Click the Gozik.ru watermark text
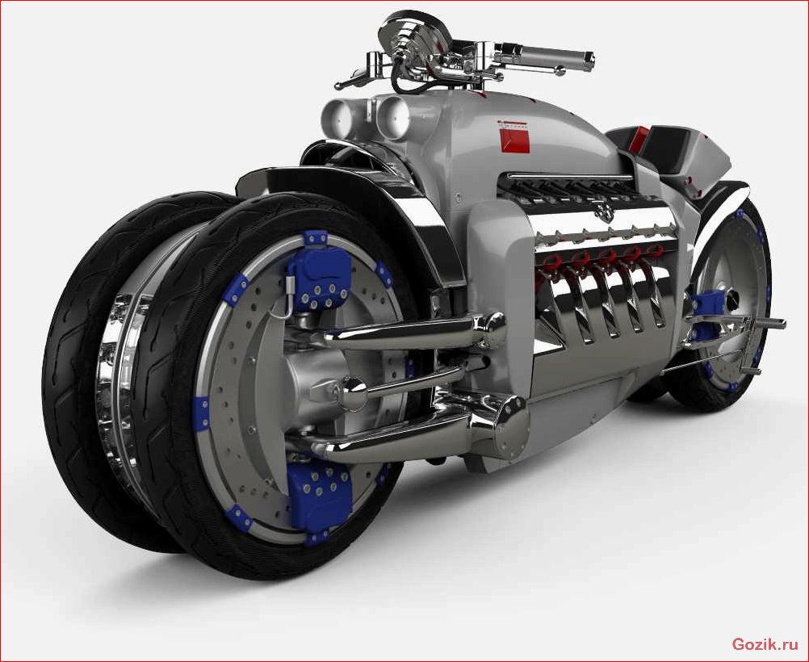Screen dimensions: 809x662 coord(765,644)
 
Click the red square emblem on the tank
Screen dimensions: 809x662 coord(515,140)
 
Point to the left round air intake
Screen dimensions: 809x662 coord(337,115)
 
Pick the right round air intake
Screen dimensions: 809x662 coord(393,119)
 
